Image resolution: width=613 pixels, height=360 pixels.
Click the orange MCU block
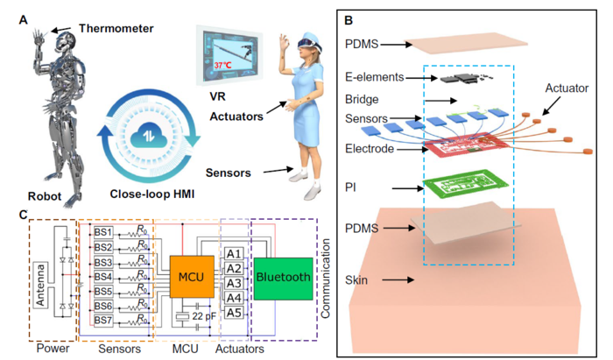click(187, 276)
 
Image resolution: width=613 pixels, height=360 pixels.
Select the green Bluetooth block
click(282, 279)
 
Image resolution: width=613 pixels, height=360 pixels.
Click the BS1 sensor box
click(103, 232)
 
